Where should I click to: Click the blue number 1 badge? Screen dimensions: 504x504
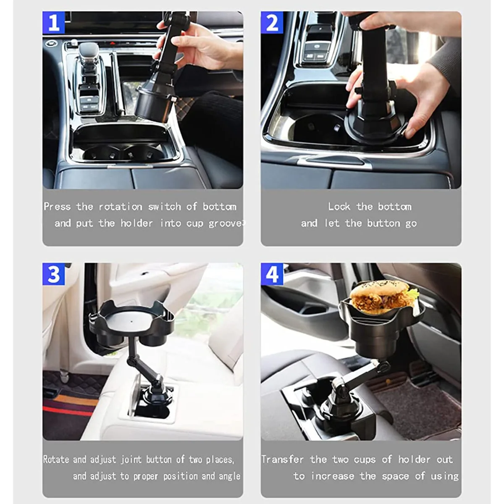click(x=54, y=23)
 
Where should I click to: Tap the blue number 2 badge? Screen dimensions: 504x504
click(x=272, y=23)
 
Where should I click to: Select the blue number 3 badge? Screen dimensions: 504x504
click(x=54, y=274)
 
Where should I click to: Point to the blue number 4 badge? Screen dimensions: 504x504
click(x=272, y=274)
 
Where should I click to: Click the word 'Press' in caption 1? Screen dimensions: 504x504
click(x=57, y=207)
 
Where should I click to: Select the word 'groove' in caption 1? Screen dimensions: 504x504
click(x=225, y=223)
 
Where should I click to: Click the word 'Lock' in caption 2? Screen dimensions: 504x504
click(x=339, y=207)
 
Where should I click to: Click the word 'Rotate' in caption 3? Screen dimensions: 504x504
click(x=56, y=459)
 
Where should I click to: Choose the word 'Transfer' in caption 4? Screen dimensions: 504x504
click(x=283, y=459)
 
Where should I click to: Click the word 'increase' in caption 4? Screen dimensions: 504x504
click(x=333, y=476)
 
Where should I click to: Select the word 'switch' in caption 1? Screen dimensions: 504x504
click(x=164, y=207)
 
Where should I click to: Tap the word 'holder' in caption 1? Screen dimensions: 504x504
click(x=136, y=223)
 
